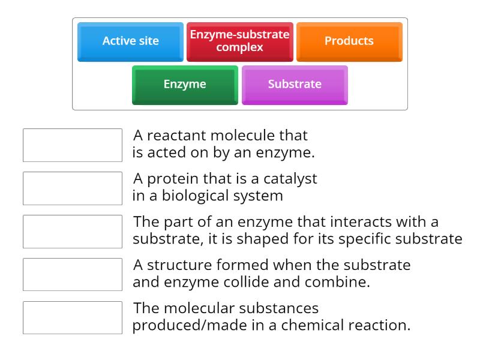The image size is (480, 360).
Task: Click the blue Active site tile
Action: tap(130, 41)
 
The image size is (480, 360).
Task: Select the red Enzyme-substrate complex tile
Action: tap(239, 41)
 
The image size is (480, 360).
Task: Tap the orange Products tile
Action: tap(349, 41)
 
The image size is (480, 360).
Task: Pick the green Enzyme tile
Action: tap(185, 85)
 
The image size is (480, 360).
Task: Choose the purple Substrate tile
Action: tap(295, 85)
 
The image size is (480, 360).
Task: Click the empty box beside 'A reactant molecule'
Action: tap(73, 145)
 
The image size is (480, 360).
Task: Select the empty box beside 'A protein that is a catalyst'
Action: tap(73, 188)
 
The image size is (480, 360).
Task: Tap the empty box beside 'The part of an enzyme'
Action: tap(73, 232)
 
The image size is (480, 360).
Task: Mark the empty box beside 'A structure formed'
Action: tap(73, 275)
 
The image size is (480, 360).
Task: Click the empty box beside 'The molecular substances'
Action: tap(73, 318)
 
